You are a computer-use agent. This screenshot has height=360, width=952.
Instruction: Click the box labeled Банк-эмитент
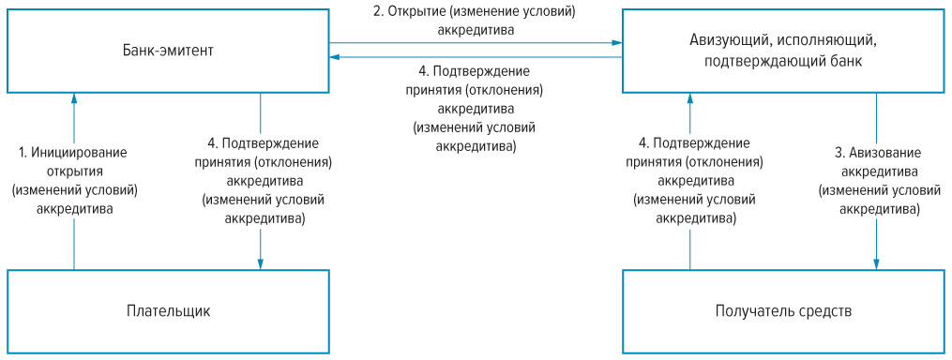point(168,50)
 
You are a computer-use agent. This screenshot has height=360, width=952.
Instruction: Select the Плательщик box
point(168,310)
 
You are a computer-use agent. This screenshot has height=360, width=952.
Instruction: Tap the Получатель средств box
point(783,310)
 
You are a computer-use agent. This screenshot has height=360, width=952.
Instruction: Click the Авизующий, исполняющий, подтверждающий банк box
point(783,50)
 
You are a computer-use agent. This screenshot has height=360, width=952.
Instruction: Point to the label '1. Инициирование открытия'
point(74,160)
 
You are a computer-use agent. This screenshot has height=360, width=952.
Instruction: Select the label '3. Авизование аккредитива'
point(877,160)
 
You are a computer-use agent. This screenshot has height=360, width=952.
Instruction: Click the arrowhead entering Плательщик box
point(260,263)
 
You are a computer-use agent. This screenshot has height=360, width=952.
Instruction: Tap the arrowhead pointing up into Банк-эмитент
point(74,97)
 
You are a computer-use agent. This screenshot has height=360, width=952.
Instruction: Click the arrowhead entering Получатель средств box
point(877,263)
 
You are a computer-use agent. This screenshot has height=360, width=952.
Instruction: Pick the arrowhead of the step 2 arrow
point(617,42)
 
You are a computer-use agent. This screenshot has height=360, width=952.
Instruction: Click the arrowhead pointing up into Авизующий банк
point(689,97)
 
